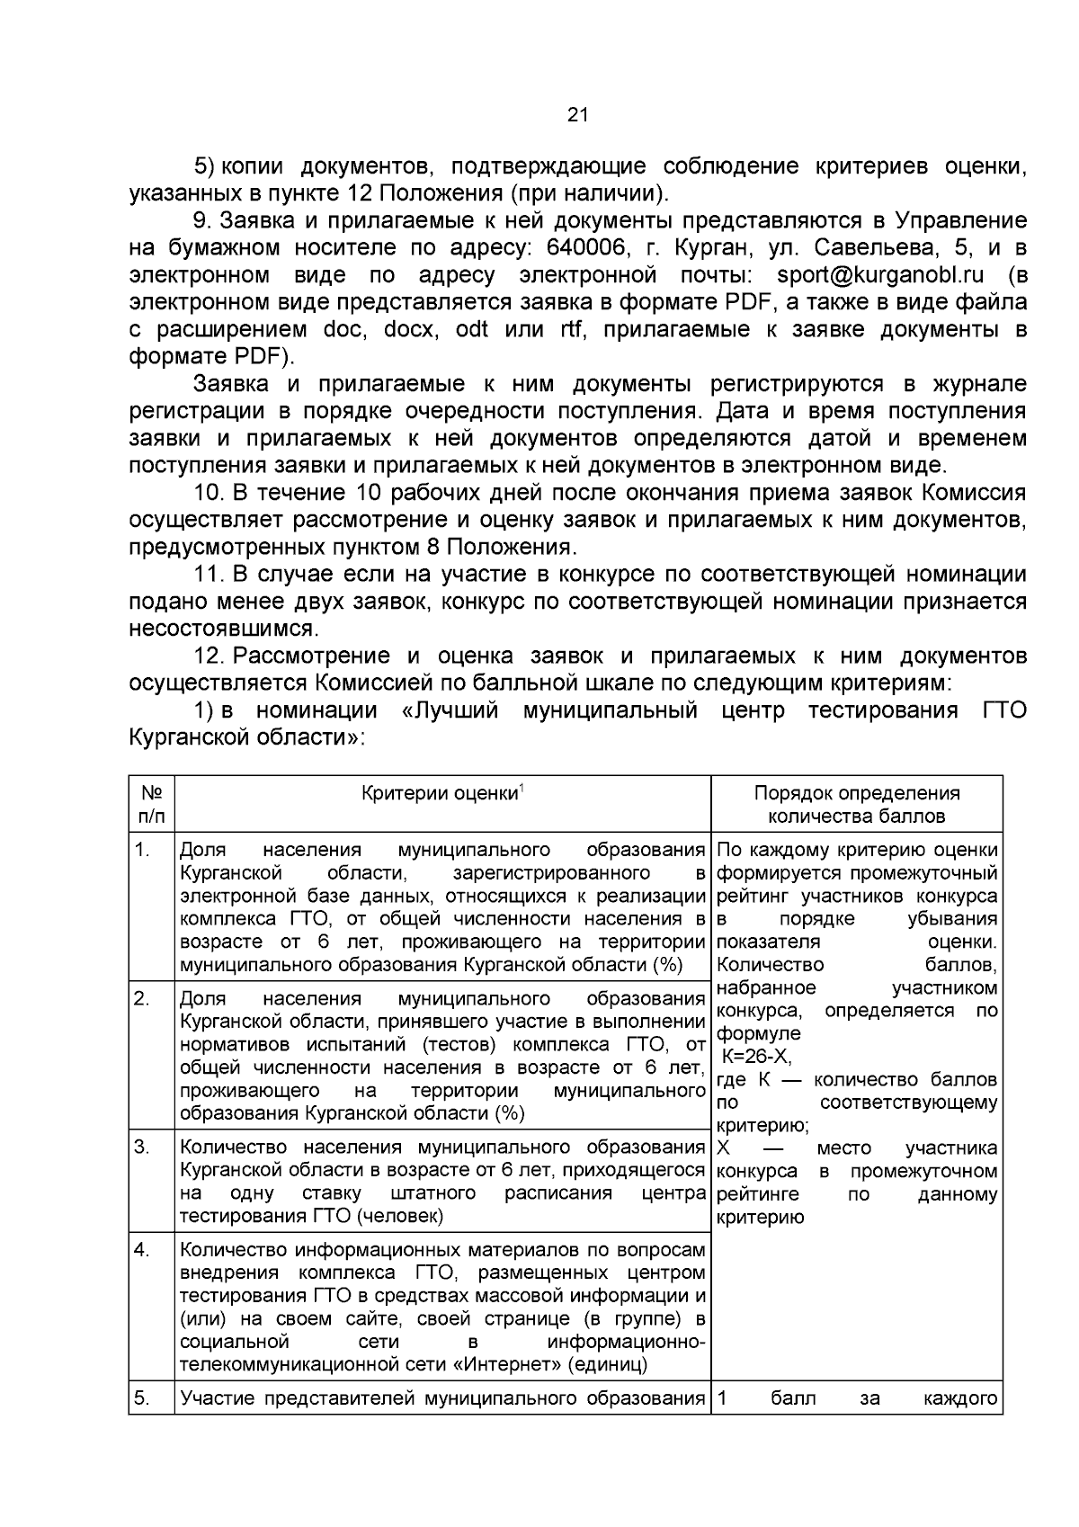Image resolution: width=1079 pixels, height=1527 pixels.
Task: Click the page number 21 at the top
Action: click(578, 114)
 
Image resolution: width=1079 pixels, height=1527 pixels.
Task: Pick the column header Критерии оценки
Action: click(440, 793)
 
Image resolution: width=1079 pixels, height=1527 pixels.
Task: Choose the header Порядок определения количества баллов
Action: click(856, 804)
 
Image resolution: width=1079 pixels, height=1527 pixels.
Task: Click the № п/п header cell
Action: click(151, 804)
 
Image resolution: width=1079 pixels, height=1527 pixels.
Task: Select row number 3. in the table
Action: click(142, 1147)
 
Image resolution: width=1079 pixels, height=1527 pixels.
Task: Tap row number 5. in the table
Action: click(142, 1398)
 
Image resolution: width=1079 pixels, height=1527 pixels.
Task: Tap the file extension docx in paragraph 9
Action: click(410, 329)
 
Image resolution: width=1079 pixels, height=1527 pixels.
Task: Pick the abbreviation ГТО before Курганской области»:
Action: click(1000, 710)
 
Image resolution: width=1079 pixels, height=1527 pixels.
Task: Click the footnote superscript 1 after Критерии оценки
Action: click(522, 789)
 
